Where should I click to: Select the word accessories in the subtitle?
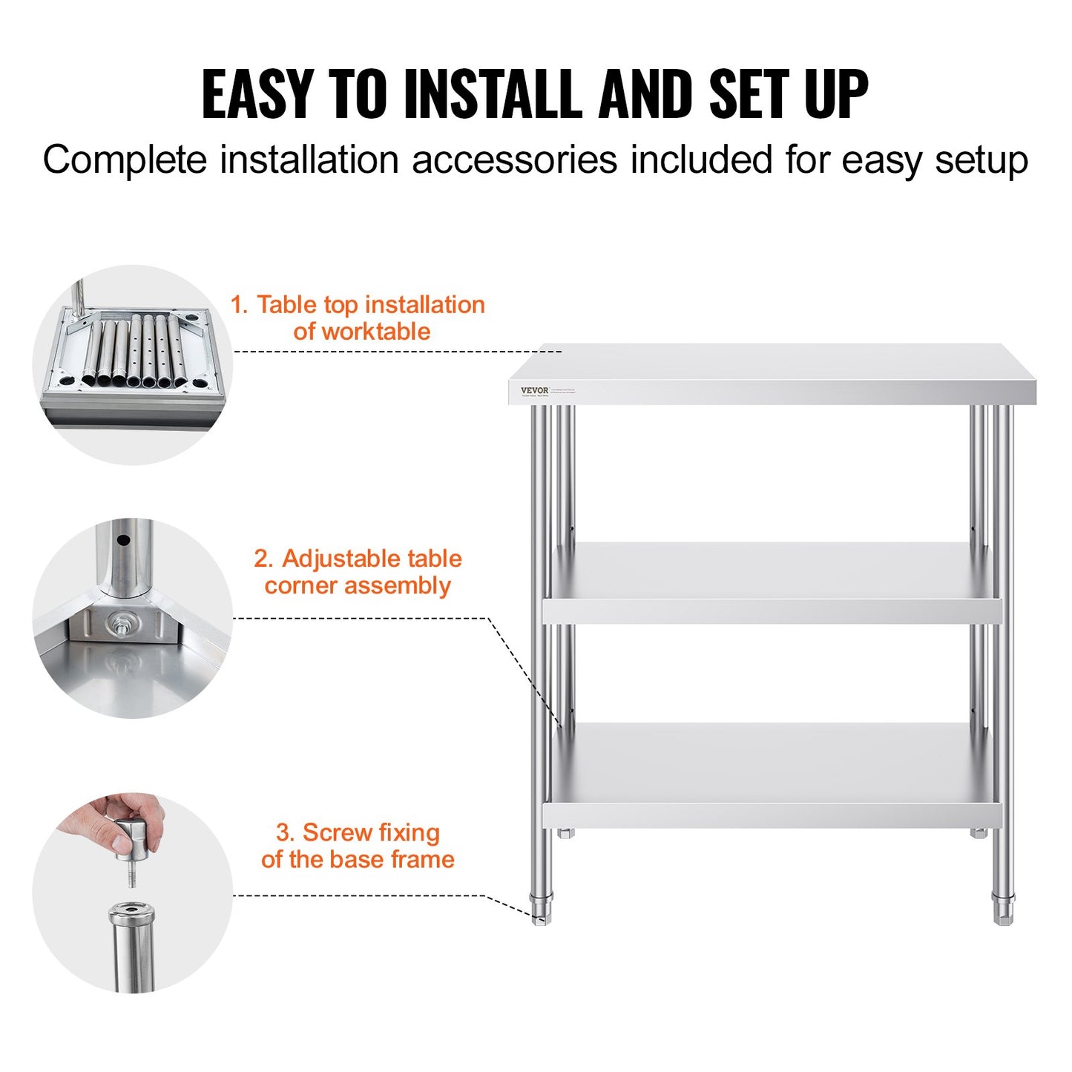coord(513,160)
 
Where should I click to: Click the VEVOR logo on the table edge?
coord(534,390)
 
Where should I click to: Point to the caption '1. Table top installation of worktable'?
coord(358,318)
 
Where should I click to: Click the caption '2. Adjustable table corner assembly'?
coord(358,571)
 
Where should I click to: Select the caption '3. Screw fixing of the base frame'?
coord(358,846)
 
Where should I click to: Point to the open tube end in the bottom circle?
coord(132,912)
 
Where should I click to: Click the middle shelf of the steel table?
coord(772,582)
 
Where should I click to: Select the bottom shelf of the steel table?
coord(772,775)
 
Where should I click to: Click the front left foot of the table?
coord(542,912)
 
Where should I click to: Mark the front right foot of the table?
coord(1003,911)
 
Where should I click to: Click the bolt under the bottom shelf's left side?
coord(566,833)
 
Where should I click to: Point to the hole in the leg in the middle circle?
coord(123,539)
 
